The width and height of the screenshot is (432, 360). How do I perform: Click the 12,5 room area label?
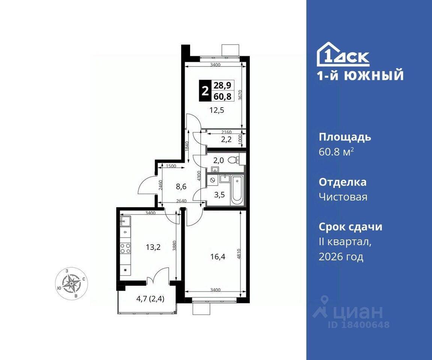pos(217,111)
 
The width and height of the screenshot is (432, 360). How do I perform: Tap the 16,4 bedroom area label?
pos(217,257)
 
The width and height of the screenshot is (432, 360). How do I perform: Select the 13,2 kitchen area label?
pos(153,247)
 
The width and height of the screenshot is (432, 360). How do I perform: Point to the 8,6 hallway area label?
pos(181,187)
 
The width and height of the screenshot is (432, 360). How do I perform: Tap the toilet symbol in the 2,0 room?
pos(234,160)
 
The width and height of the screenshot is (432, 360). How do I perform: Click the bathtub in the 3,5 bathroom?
pos(237,190)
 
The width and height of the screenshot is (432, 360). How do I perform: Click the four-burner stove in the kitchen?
pos(125,249)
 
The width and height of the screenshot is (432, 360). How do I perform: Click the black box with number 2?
pos(205,91)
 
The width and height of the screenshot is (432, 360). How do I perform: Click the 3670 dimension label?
pos(240,94)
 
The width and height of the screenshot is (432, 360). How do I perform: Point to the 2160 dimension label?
pos(226,132)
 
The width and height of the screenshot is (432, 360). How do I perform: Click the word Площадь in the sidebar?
pos(345,137)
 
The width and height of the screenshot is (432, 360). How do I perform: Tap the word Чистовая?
pos(343,197)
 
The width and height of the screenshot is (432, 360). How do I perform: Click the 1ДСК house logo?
pos(343,54)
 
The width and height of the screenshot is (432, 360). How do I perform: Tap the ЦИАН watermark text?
pos(358,312)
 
